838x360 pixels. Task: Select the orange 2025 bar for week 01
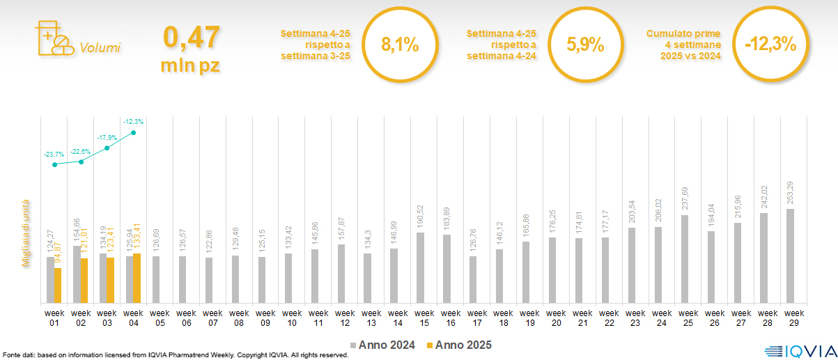(58, 285)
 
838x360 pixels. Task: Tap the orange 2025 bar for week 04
(137, 279)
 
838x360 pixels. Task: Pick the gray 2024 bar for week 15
(420, 267)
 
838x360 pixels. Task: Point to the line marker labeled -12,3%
(133, 132)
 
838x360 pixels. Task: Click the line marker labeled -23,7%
(54, 164)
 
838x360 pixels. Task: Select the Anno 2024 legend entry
(382, 345)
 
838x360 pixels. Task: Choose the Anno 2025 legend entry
(459, 345)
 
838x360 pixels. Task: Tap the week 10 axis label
(292, 318)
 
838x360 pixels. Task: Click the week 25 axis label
(688, 318)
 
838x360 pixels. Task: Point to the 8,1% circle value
(400, 45)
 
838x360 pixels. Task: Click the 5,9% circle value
(585, 45)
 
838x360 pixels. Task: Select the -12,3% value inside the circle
(770, 45)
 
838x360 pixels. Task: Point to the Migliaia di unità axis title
(26, 233)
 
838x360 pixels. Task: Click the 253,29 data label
(790, 191)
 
